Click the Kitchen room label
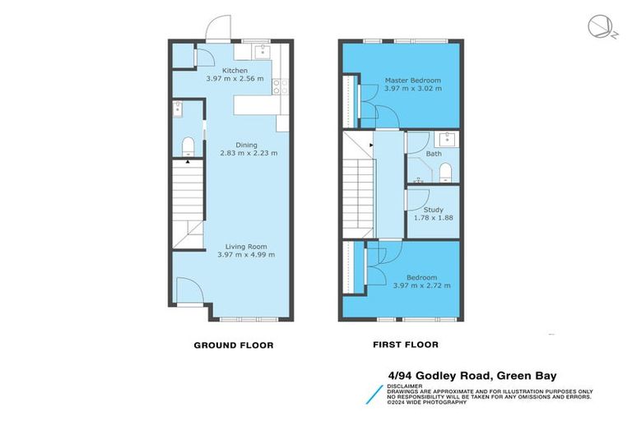point(224,71)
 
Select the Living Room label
point(246,246)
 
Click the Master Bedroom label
point(413,81)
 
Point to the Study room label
point(433,210)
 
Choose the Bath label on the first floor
point(433,154)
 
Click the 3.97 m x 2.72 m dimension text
point(421,285)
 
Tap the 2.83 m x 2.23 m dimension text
point(249,153)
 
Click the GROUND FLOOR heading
point(233,345)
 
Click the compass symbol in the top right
point(598,28)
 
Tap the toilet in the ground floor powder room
point(188,147)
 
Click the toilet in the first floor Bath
point(445,172)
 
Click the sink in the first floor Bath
point(448,137)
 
